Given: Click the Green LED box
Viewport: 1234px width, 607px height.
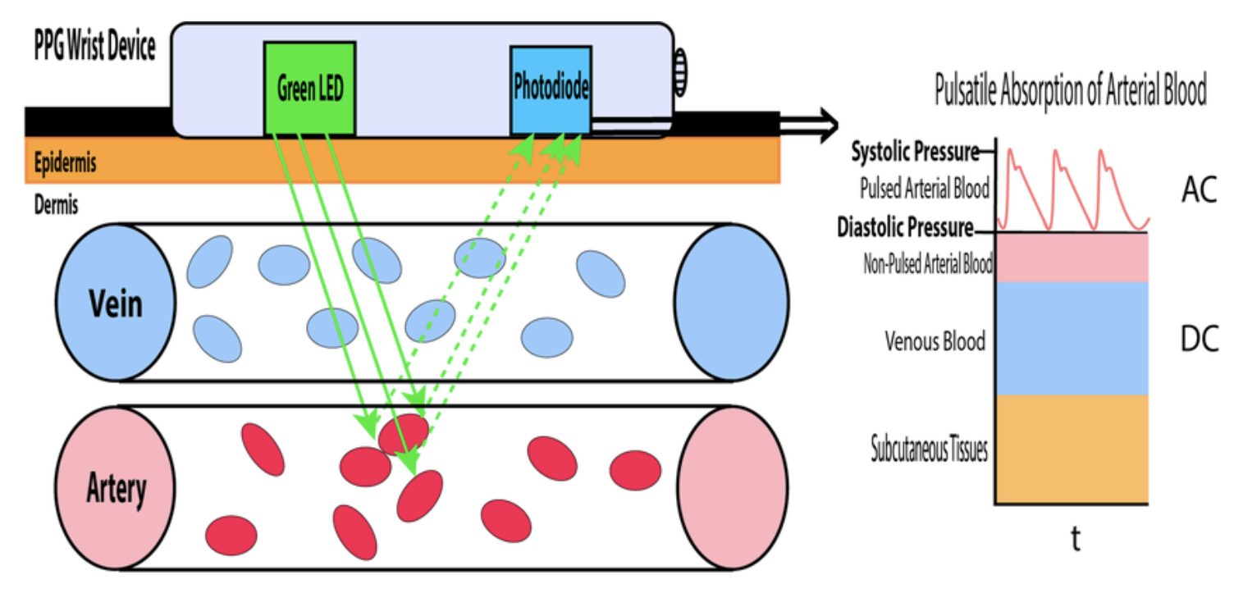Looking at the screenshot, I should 309,89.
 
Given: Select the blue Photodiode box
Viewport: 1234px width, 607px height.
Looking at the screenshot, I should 551,89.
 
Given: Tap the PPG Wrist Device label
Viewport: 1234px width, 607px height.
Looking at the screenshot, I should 94,48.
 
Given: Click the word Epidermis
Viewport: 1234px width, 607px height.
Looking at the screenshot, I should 66,163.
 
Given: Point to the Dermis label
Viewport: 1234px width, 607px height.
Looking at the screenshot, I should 57,205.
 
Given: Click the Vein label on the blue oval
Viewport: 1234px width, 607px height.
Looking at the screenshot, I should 116,303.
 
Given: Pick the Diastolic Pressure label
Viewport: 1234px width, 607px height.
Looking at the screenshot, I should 905,227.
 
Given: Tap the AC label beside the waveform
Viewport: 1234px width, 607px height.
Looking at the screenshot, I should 1199,191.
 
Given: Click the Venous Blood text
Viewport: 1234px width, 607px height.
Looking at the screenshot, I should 935,340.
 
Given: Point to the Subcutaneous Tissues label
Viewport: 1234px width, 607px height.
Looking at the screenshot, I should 930,450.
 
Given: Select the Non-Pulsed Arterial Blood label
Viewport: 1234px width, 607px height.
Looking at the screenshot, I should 928,264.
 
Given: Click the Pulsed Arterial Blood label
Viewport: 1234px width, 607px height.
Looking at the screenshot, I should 924,189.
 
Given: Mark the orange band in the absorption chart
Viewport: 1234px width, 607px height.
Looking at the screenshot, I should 1072,449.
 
